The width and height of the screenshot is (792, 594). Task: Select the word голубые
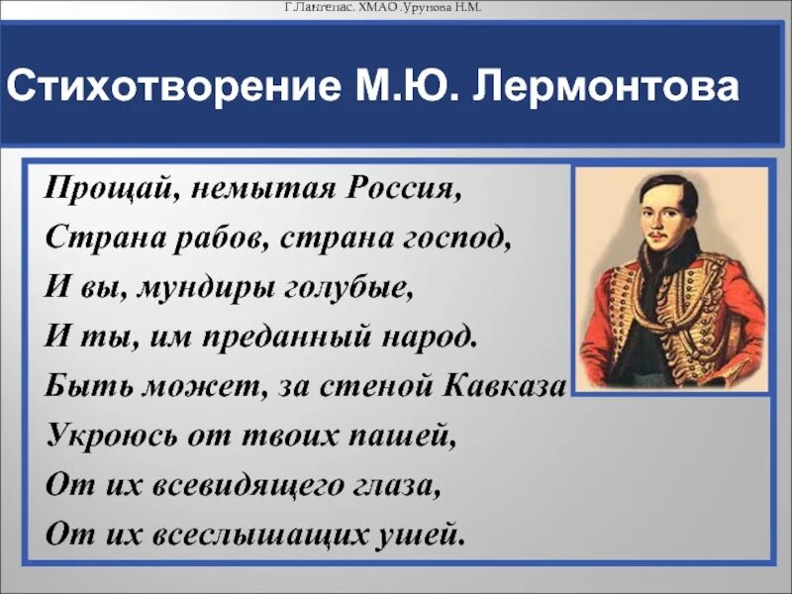347,287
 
